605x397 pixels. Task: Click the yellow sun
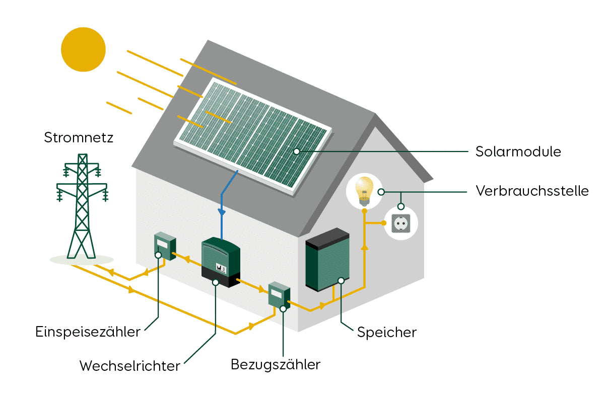(x=83, y=49)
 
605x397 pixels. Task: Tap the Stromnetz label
(x=79, y=137)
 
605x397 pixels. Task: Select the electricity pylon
(x=82, y=206)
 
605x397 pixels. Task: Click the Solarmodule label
(x=518, y=151)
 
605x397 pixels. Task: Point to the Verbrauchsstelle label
(x=532, y=192)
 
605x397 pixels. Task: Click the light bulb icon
(x=364, y=190)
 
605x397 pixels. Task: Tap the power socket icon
(x=401, y=223)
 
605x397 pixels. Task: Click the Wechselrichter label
(x=129, y=366)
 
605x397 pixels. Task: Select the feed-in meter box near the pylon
(x=164, y=246)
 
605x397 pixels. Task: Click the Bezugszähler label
(x=276, y=364)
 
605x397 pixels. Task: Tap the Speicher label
(x=387, y=332)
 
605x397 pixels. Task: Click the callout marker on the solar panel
(x=297, y=151)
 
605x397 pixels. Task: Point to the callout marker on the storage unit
(x=341, y=280)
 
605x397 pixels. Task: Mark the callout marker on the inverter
(x=216, y=282)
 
